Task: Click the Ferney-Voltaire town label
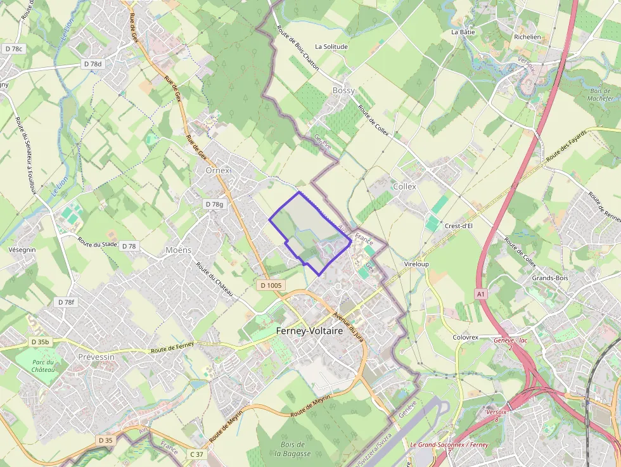point(309,331)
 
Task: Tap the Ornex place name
point(217,170)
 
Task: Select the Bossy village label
point(343,91)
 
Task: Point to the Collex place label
point(404,186)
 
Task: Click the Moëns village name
point(178,250)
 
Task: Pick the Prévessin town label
point(96,357)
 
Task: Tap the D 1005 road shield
point(271,286)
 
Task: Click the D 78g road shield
point(215,204)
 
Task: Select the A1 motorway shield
point(481,294)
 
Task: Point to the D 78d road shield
point(92,64)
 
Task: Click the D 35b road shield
point(40,342)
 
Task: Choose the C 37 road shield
point(197,454)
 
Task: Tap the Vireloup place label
point(416,264)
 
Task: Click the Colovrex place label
point(465,337)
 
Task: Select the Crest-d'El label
point(461,226)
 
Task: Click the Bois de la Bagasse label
point(293,449)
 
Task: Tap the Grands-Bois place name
point(549,278)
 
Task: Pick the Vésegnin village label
point(22,250)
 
